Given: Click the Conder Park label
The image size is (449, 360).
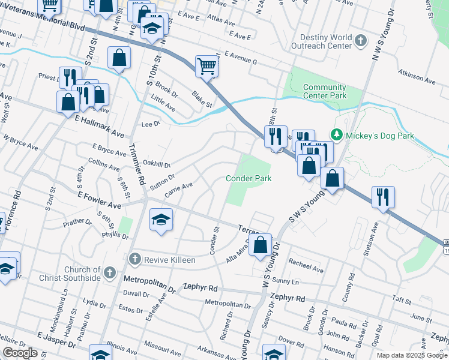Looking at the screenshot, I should pos(249,178).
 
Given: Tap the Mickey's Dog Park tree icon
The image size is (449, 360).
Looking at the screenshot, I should pos(337,136).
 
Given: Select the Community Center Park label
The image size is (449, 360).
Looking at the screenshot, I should pos(325,91).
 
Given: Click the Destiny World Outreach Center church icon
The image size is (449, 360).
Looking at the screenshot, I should pos(360,41).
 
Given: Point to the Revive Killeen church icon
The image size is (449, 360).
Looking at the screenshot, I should pos(135,259).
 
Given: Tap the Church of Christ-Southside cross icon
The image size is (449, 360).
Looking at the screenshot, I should pos(109,274).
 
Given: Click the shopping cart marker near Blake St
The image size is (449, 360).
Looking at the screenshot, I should pos(206,67).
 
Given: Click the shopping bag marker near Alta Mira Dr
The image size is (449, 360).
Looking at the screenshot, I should pos(260,245).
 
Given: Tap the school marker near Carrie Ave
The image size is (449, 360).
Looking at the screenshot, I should pos(161,220).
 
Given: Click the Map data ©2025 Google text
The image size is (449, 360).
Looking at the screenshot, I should pos(412,355).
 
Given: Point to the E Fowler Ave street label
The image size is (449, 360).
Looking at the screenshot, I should pos(100,200).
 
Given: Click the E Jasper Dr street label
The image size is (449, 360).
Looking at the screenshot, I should pos(56,340).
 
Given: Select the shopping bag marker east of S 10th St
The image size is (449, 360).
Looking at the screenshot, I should pos(119,58).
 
